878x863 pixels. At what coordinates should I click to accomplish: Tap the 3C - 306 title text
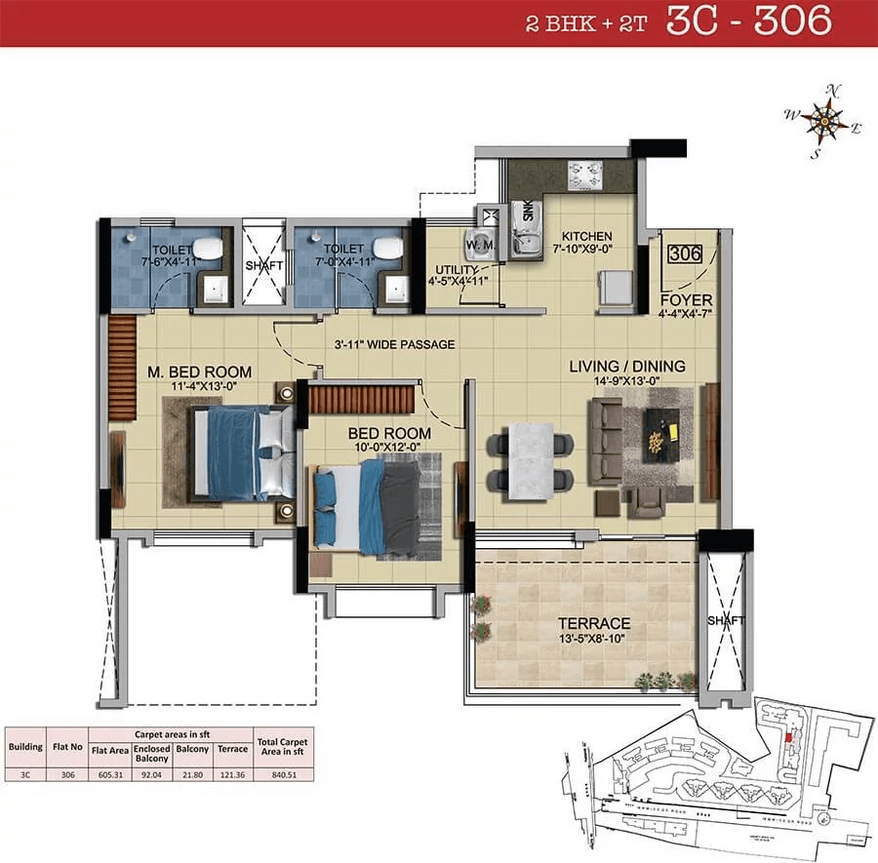click(x=748, y=21)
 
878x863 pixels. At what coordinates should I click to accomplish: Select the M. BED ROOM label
click(x=199, y=372)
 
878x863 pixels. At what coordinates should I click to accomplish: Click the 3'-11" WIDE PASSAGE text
click(x=395, y=344)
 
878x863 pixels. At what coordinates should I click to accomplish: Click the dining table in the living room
click(x=527, y=456)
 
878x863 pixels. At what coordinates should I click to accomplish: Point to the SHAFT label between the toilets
click(x=259, y=265)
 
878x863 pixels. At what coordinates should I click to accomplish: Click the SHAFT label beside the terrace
click(x=727, y=620)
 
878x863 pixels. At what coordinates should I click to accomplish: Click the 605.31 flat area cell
click(x=109, y=774)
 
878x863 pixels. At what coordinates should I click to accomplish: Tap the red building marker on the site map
click(x=789, y=738)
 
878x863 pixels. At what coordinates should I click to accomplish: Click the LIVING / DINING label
click(x=627, y=367)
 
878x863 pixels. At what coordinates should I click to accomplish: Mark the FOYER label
click(x=686, y=299)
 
